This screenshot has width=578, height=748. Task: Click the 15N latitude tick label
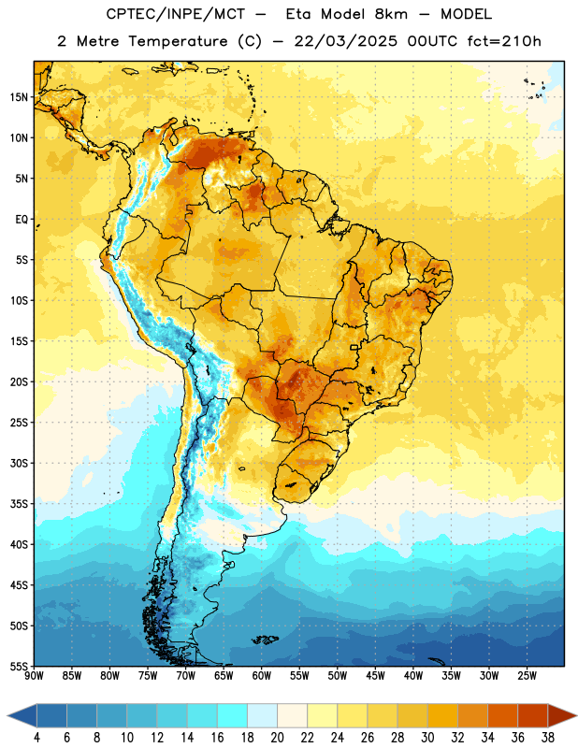[x=19, y=97]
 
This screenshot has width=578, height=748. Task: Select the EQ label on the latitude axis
[x=22, y=220]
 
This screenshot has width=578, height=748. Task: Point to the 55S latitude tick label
[x=19, y=667]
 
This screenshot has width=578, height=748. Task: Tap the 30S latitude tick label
[x=19, y=463]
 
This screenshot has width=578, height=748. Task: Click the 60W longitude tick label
[x=262, y=676]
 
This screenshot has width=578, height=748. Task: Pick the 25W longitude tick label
[x=527, y=676]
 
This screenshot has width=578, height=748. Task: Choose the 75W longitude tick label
[x=148, y=676]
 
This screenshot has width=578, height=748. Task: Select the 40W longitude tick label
[x=413, y=676]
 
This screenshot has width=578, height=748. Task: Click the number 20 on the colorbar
[x=277, y=738]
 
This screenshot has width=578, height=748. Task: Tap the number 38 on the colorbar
[x=547, y=738]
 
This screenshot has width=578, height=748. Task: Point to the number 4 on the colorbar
[x=36, y=738]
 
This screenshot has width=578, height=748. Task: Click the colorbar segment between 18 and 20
[x=263, y=715]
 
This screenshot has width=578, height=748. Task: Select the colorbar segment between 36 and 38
[x=533, y=715]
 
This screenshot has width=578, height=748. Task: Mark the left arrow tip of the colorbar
[x=7, y=715]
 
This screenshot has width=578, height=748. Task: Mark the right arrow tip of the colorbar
[x=576, y=715]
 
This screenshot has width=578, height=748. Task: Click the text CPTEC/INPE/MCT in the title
[x=175, y=14]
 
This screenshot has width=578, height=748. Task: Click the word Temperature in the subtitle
[x=178, y=41]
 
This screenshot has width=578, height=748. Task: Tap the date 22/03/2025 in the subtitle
[x=345, y=41]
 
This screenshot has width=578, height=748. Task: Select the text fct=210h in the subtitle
[x=504, y=41]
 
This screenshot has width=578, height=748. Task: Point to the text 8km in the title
[x=391, y=14]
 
